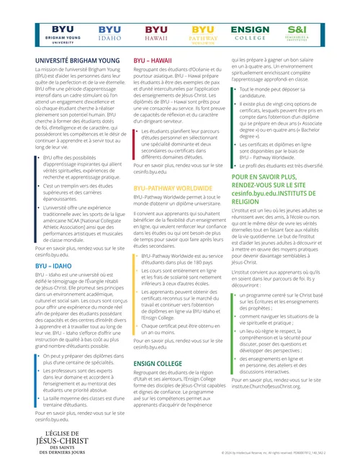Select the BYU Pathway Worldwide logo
pyautogui.click(x=203, y=32)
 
